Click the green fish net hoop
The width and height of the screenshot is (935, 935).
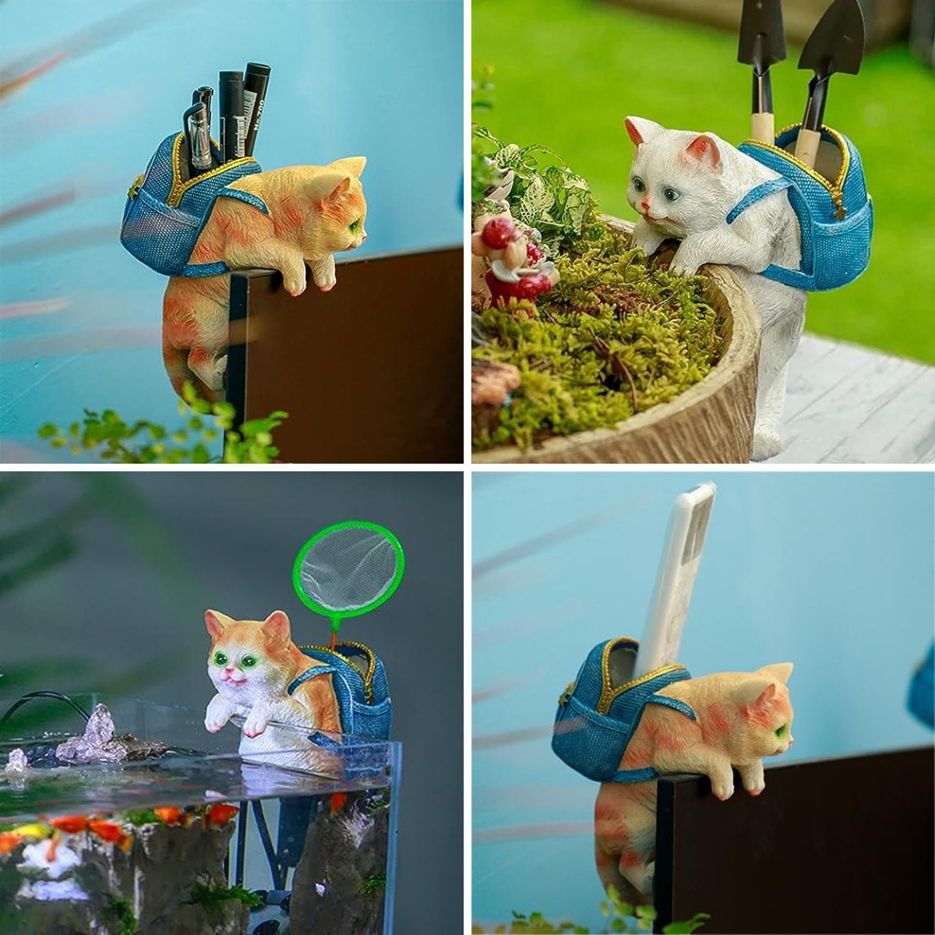point(348,527)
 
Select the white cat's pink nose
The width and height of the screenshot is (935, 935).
point(646,207)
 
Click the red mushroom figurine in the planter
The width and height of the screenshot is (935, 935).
point(499,232)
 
